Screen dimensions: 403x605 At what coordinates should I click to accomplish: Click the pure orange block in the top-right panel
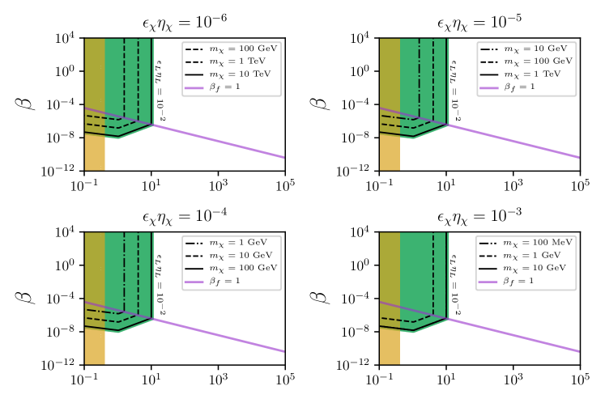[390, 152]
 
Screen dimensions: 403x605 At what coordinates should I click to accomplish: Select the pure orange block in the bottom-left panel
[95, 346]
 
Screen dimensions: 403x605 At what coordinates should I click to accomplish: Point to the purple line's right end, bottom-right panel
[578, 351]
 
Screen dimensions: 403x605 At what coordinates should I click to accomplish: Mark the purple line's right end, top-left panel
[283, 157]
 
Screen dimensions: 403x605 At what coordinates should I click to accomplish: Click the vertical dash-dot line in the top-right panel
[419, 77]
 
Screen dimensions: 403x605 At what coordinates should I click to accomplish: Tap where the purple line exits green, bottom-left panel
[152, 319]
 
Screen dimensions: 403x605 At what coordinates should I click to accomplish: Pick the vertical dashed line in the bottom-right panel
[433, 275]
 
